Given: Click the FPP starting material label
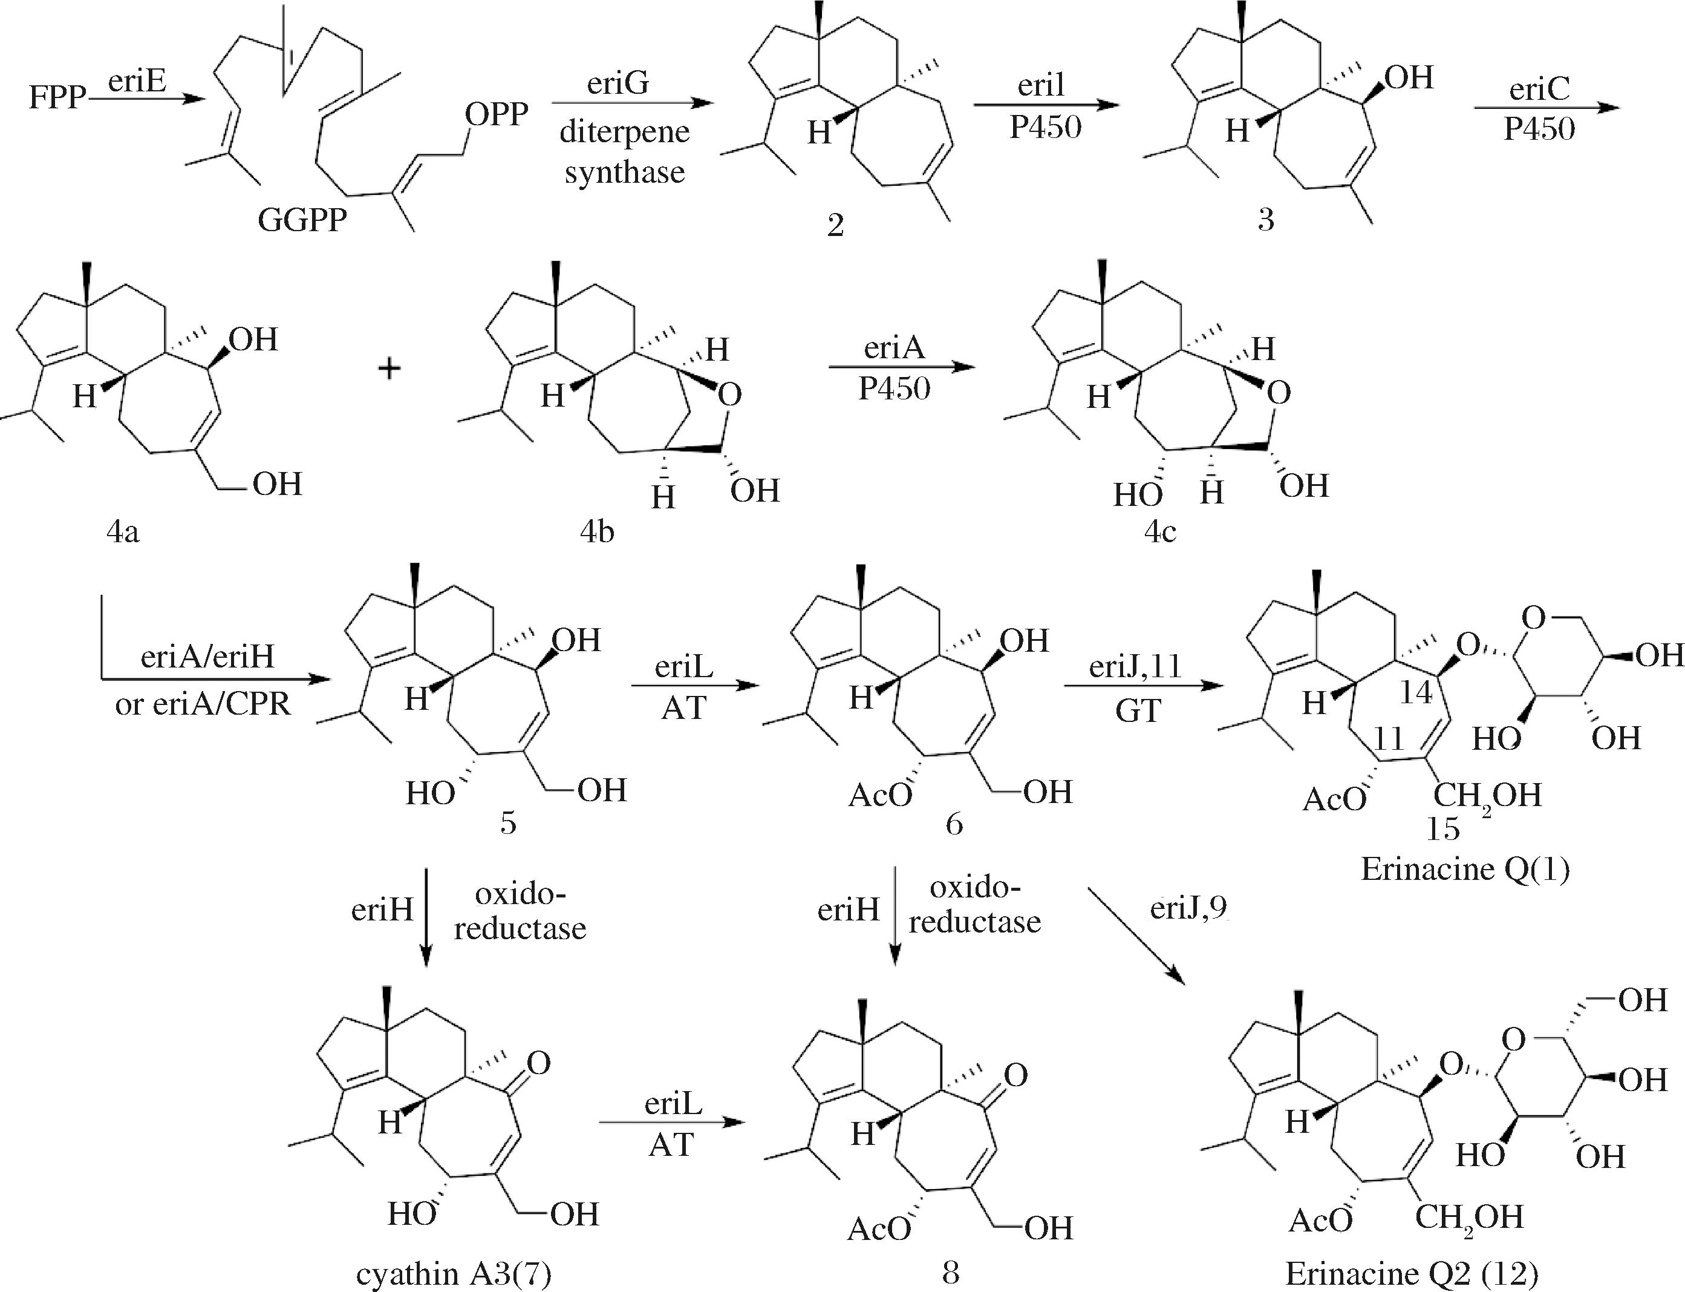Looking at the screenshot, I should coord(56,99).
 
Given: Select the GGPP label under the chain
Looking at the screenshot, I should coord(301,221).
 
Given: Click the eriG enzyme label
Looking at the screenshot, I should coord(618,82).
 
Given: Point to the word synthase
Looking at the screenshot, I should coord(624,172).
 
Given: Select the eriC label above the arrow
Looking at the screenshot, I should coord(1539,90).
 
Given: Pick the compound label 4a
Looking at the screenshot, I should coord(123,531).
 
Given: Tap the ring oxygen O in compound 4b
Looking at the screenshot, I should coord(729,395).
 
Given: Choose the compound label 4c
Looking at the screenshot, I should coord(1161,531).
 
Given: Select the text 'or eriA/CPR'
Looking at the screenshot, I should coord(203,704).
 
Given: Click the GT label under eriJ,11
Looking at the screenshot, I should coord(1138,712).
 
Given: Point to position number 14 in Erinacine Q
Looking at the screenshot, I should coord(1415,692).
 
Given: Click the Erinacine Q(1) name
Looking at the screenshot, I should coord(1465,870).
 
